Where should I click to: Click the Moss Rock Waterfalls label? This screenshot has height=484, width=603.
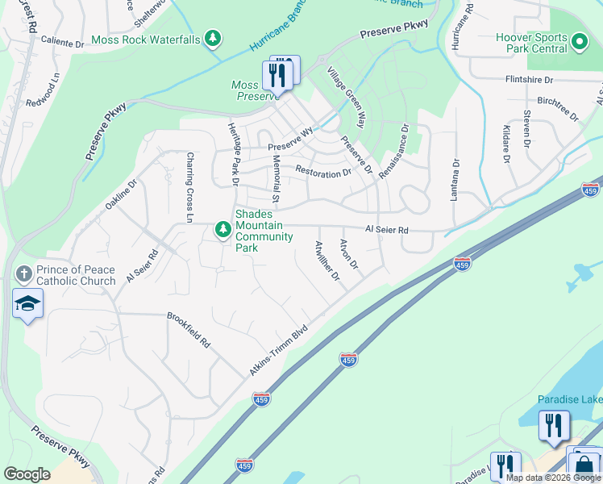[x=145, y=39]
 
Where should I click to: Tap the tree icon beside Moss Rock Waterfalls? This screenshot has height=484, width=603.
[x=212, y=38]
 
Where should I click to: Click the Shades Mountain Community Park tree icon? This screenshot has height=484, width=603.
[x=222, y=231]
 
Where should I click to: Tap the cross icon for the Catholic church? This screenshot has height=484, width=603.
[x=23, y=273]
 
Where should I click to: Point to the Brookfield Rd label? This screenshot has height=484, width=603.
[x=189, y=331]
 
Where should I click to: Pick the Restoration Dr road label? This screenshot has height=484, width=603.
[x=323, y=171]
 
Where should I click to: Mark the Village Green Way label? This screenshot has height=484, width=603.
[x=347, y=98]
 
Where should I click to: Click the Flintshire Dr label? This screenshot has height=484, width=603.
[x=529, y=80]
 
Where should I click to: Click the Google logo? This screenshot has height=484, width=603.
[x=27, y=474]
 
